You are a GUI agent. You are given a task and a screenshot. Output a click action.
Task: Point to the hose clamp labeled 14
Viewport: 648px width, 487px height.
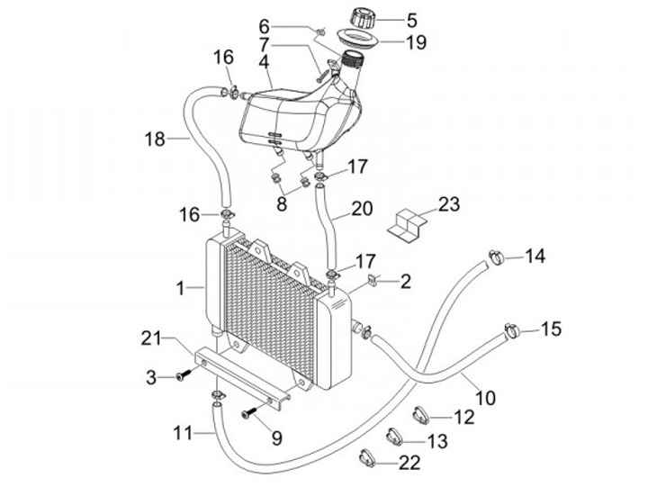point(496,257)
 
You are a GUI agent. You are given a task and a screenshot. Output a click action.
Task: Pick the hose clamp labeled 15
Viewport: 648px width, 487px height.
point(512,329)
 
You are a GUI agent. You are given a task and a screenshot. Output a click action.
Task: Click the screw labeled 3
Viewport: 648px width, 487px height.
point(184,374)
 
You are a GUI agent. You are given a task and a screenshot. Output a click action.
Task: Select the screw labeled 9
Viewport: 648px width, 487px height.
point(249,411)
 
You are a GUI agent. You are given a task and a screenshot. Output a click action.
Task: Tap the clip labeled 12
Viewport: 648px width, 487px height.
point(421,415)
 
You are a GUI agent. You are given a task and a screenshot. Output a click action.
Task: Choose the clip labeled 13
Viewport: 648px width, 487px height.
point(395,437)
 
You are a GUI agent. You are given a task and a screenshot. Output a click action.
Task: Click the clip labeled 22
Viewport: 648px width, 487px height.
point(367,458)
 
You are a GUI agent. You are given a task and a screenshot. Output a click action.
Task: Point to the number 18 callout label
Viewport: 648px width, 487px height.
point(155,140)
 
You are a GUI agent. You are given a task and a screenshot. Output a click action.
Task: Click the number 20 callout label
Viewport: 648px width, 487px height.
point(362,209)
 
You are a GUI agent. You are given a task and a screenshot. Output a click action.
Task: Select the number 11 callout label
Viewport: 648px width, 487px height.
point(182,434)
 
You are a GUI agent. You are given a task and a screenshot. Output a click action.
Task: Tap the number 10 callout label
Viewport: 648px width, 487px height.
point(486,398)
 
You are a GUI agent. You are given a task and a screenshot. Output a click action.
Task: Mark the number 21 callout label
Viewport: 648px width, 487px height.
point(151,339)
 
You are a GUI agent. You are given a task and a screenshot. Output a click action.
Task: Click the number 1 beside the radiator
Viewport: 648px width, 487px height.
point(180,288)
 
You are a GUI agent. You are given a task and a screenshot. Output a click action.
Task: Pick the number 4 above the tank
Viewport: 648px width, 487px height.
point(264,61)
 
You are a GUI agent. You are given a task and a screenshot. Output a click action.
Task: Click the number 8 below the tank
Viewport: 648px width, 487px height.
point(282,203)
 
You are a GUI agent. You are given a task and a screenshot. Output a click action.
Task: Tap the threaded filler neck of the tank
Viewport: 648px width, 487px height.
point(352,60)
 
